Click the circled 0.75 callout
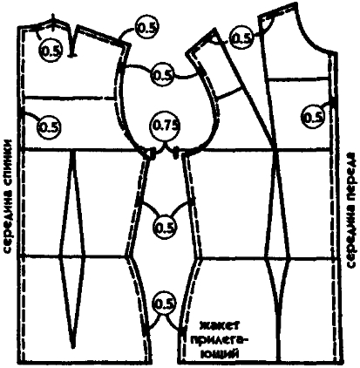click(x=166, y=126)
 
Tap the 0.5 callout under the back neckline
click(x=51, y=51)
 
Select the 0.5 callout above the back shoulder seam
click(x=146, y=27)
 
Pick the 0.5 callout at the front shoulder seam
click(x=241, y=37)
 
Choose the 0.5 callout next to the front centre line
click(x=313, y=117)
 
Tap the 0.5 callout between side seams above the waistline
click(x=166, y=227)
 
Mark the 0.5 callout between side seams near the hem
click(x=165, y=303)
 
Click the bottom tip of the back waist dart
click(x=73, y=346)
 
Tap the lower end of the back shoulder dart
click(x=72, y=55)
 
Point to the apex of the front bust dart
click(x=275, y=146)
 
